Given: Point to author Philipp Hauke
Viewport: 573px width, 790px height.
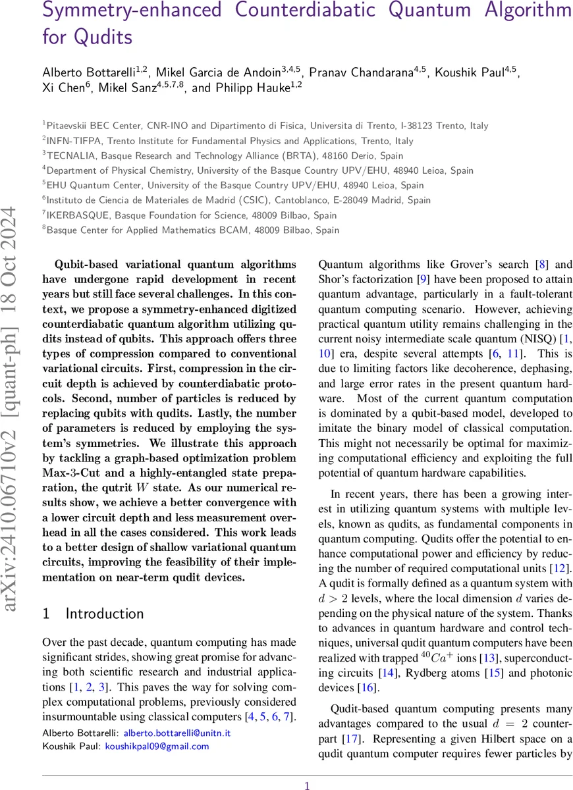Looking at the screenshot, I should tap(258, 89).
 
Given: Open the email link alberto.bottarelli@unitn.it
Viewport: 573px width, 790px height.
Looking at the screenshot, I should tap(177, 733).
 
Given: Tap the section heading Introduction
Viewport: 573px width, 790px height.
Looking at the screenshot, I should tap(104, 614).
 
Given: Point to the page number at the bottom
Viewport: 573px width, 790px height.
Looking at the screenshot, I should tap(306, 785).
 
